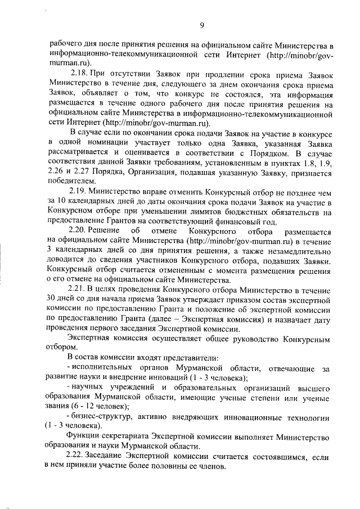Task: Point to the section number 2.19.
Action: pyautogui.click(x=77, y=191)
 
